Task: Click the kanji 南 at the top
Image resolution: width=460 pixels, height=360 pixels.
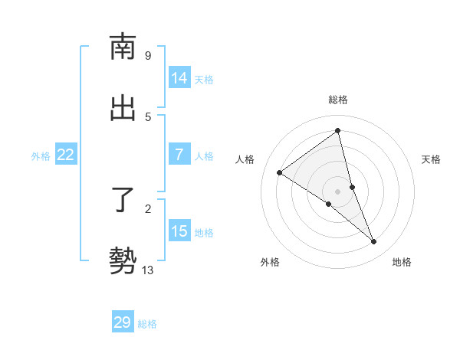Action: [123, 47]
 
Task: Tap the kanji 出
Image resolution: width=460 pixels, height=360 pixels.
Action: [123, 108]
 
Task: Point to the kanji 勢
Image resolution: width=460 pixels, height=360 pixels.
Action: [123, 260]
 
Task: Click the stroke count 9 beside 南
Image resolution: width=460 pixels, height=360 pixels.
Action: [147, 56]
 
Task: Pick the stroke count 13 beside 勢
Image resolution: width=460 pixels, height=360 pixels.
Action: [148, 270]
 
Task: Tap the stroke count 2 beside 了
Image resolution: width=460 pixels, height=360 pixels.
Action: [147, 208]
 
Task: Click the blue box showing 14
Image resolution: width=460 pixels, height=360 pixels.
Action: [179, 78]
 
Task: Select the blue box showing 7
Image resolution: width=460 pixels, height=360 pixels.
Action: [179, 155]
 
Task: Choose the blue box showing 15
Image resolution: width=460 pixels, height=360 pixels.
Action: [179, 231]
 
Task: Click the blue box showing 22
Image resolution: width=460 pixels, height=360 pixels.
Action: [66, 155]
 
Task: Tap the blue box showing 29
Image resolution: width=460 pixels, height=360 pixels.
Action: [123, 322]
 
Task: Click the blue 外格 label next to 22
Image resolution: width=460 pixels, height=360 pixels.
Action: [41, 156]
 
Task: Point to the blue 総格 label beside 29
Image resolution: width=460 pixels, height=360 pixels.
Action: [147, 324]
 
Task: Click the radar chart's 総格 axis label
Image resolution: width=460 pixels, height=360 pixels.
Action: [337, 100]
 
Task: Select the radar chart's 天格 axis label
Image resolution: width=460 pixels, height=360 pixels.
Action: [431, 159]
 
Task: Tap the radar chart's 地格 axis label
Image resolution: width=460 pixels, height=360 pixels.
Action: [402, 262]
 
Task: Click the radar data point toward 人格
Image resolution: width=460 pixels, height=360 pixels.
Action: [280, 172]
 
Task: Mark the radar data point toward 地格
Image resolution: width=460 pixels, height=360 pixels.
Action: [374, 241]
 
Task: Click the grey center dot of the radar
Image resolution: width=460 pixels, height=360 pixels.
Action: [337, 191]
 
